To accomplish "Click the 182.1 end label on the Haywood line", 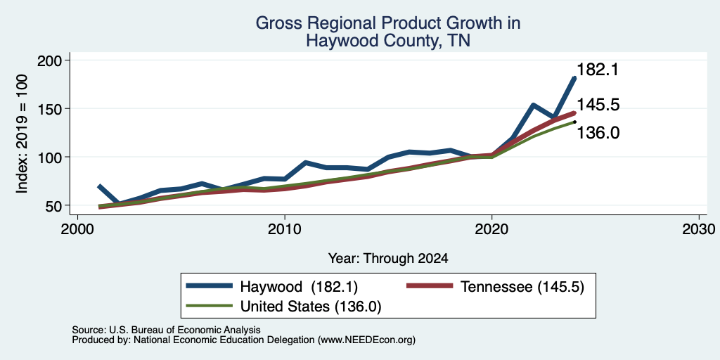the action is [x=598, y=70].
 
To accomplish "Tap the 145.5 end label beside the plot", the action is [x=598, y=105].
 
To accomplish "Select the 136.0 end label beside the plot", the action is [x=598, y=133].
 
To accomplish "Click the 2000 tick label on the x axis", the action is [x=77, y=229].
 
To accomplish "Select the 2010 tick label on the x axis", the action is [x=285, y=229].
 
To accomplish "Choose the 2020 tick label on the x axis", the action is [x=491, y=229].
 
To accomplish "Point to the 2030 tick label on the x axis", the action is [x=699, y=229].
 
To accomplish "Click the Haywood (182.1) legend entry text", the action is [x=299, y=287].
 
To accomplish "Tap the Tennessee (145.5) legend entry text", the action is [x=522, y=287].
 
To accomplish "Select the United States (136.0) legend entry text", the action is [x=311, y=307].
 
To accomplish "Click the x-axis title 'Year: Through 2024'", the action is [x=388, y=259].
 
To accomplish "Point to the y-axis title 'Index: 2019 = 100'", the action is [x=22, y=134].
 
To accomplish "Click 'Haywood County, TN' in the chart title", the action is [x=388, y=41].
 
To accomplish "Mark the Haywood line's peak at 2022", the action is [x=533, y=105].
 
